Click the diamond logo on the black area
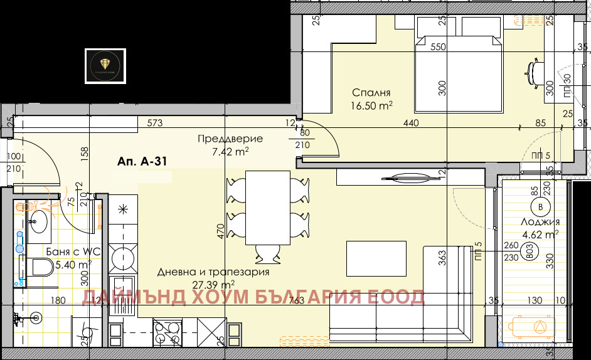[104, 65]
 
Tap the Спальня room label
[371, 92]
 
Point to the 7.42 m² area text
[230, 151]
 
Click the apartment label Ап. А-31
[141, 162]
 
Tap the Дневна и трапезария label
[213, 272]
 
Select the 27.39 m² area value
[213, 284]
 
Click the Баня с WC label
[73, 251]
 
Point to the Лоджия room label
[540, 222]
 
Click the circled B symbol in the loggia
[539, 206]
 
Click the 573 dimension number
[154, 124]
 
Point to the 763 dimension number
[297, 301]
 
